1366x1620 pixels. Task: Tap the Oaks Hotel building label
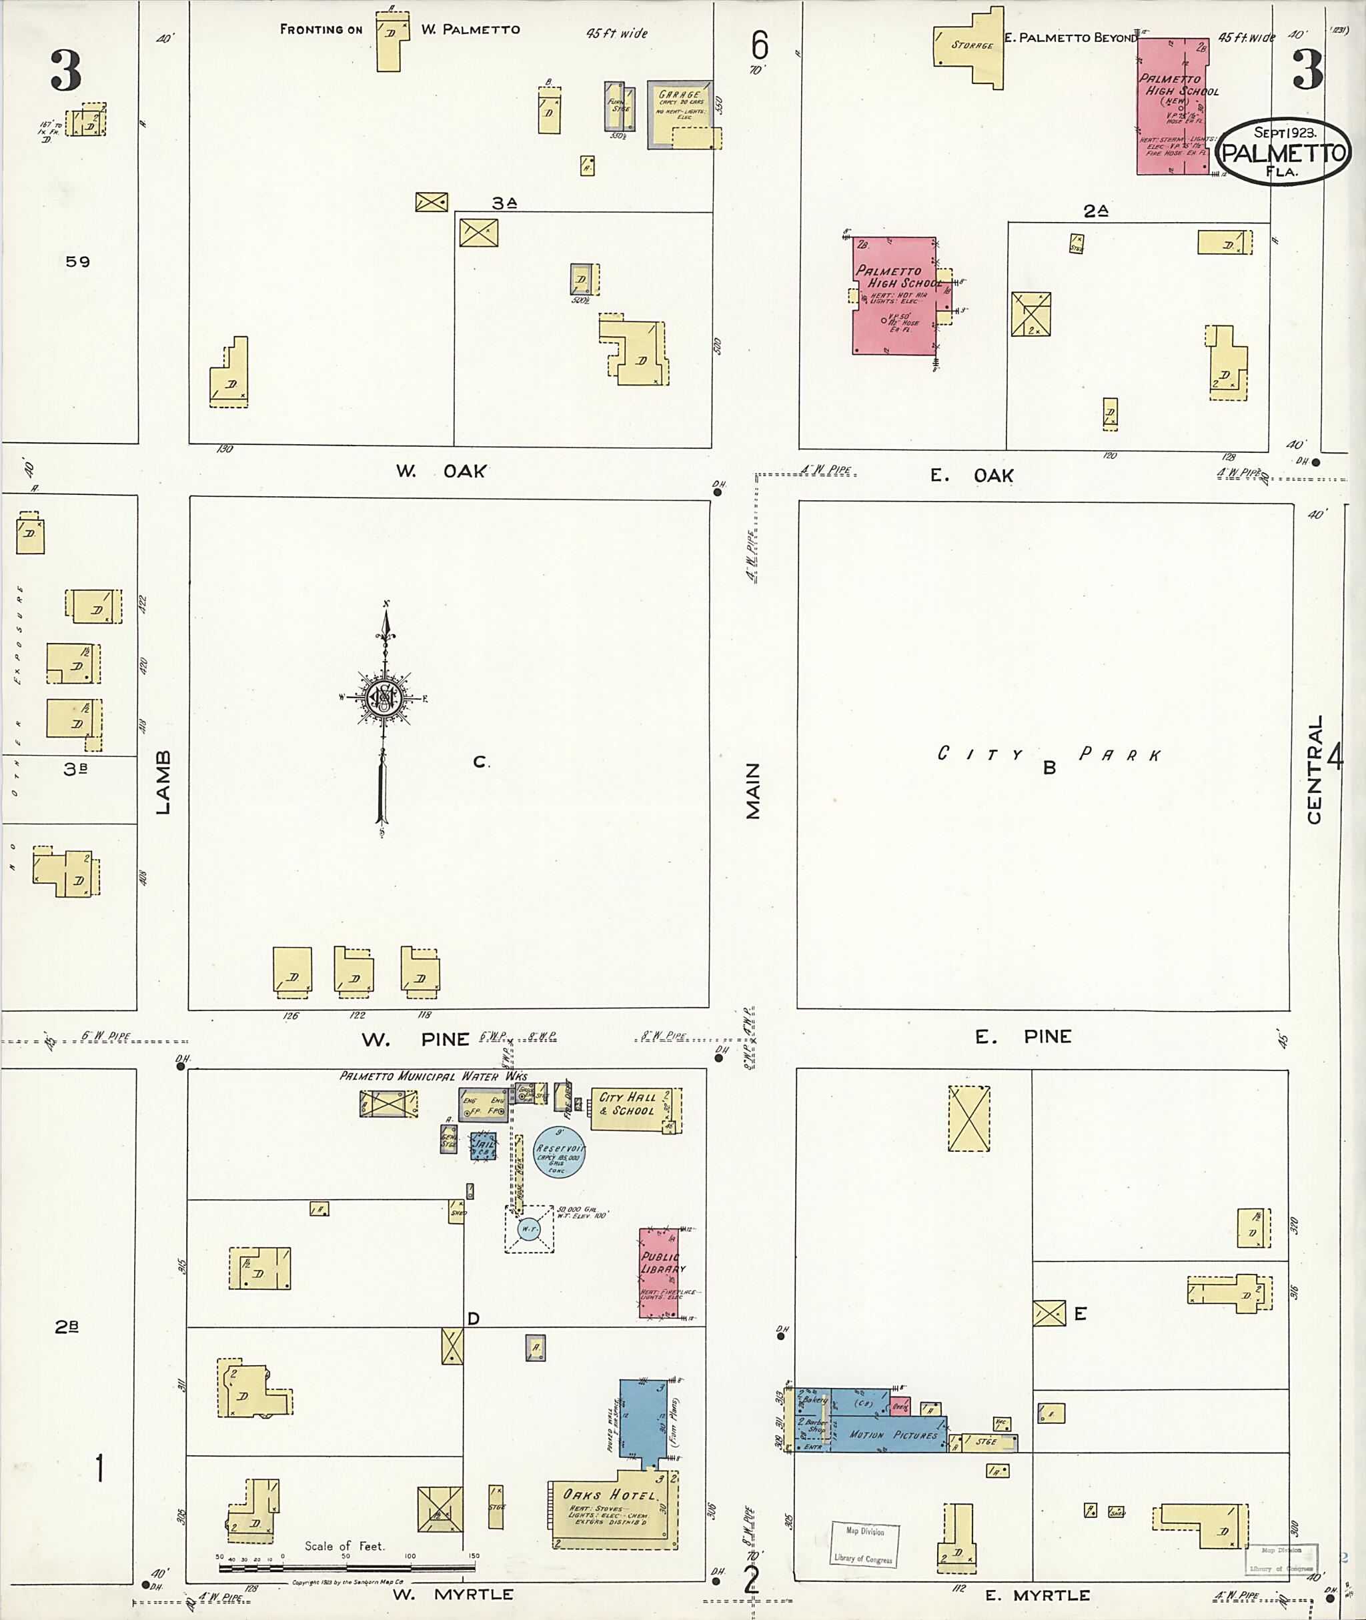point(609,1495)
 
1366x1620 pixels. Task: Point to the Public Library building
point(659,1273)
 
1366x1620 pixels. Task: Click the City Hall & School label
point(627,1104)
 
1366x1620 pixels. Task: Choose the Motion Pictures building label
point(893,1435)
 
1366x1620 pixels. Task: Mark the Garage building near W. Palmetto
point(679,112)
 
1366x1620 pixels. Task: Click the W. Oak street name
point(442,471)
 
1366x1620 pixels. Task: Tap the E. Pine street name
point(1022,1037)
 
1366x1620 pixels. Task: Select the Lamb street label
point(163,782)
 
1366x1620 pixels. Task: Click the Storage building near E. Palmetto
point(970,47)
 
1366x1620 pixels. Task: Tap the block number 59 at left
point(77,261)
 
